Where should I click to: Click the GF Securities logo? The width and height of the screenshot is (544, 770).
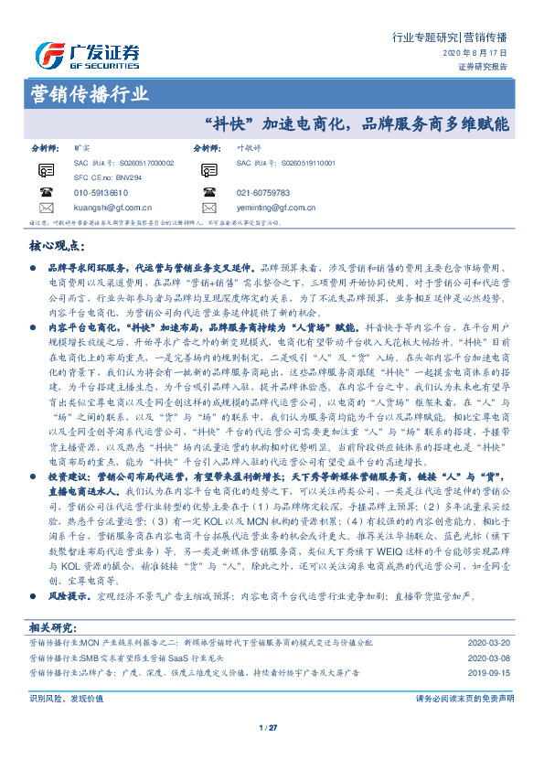click(87, 55)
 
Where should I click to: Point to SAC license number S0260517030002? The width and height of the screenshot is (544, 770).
click(116, 162)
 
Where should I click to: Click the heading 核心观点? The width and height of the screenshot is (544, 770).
click(59, 247)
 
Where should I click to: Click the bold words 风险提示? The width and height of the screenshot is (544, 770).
click(66, 570)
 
